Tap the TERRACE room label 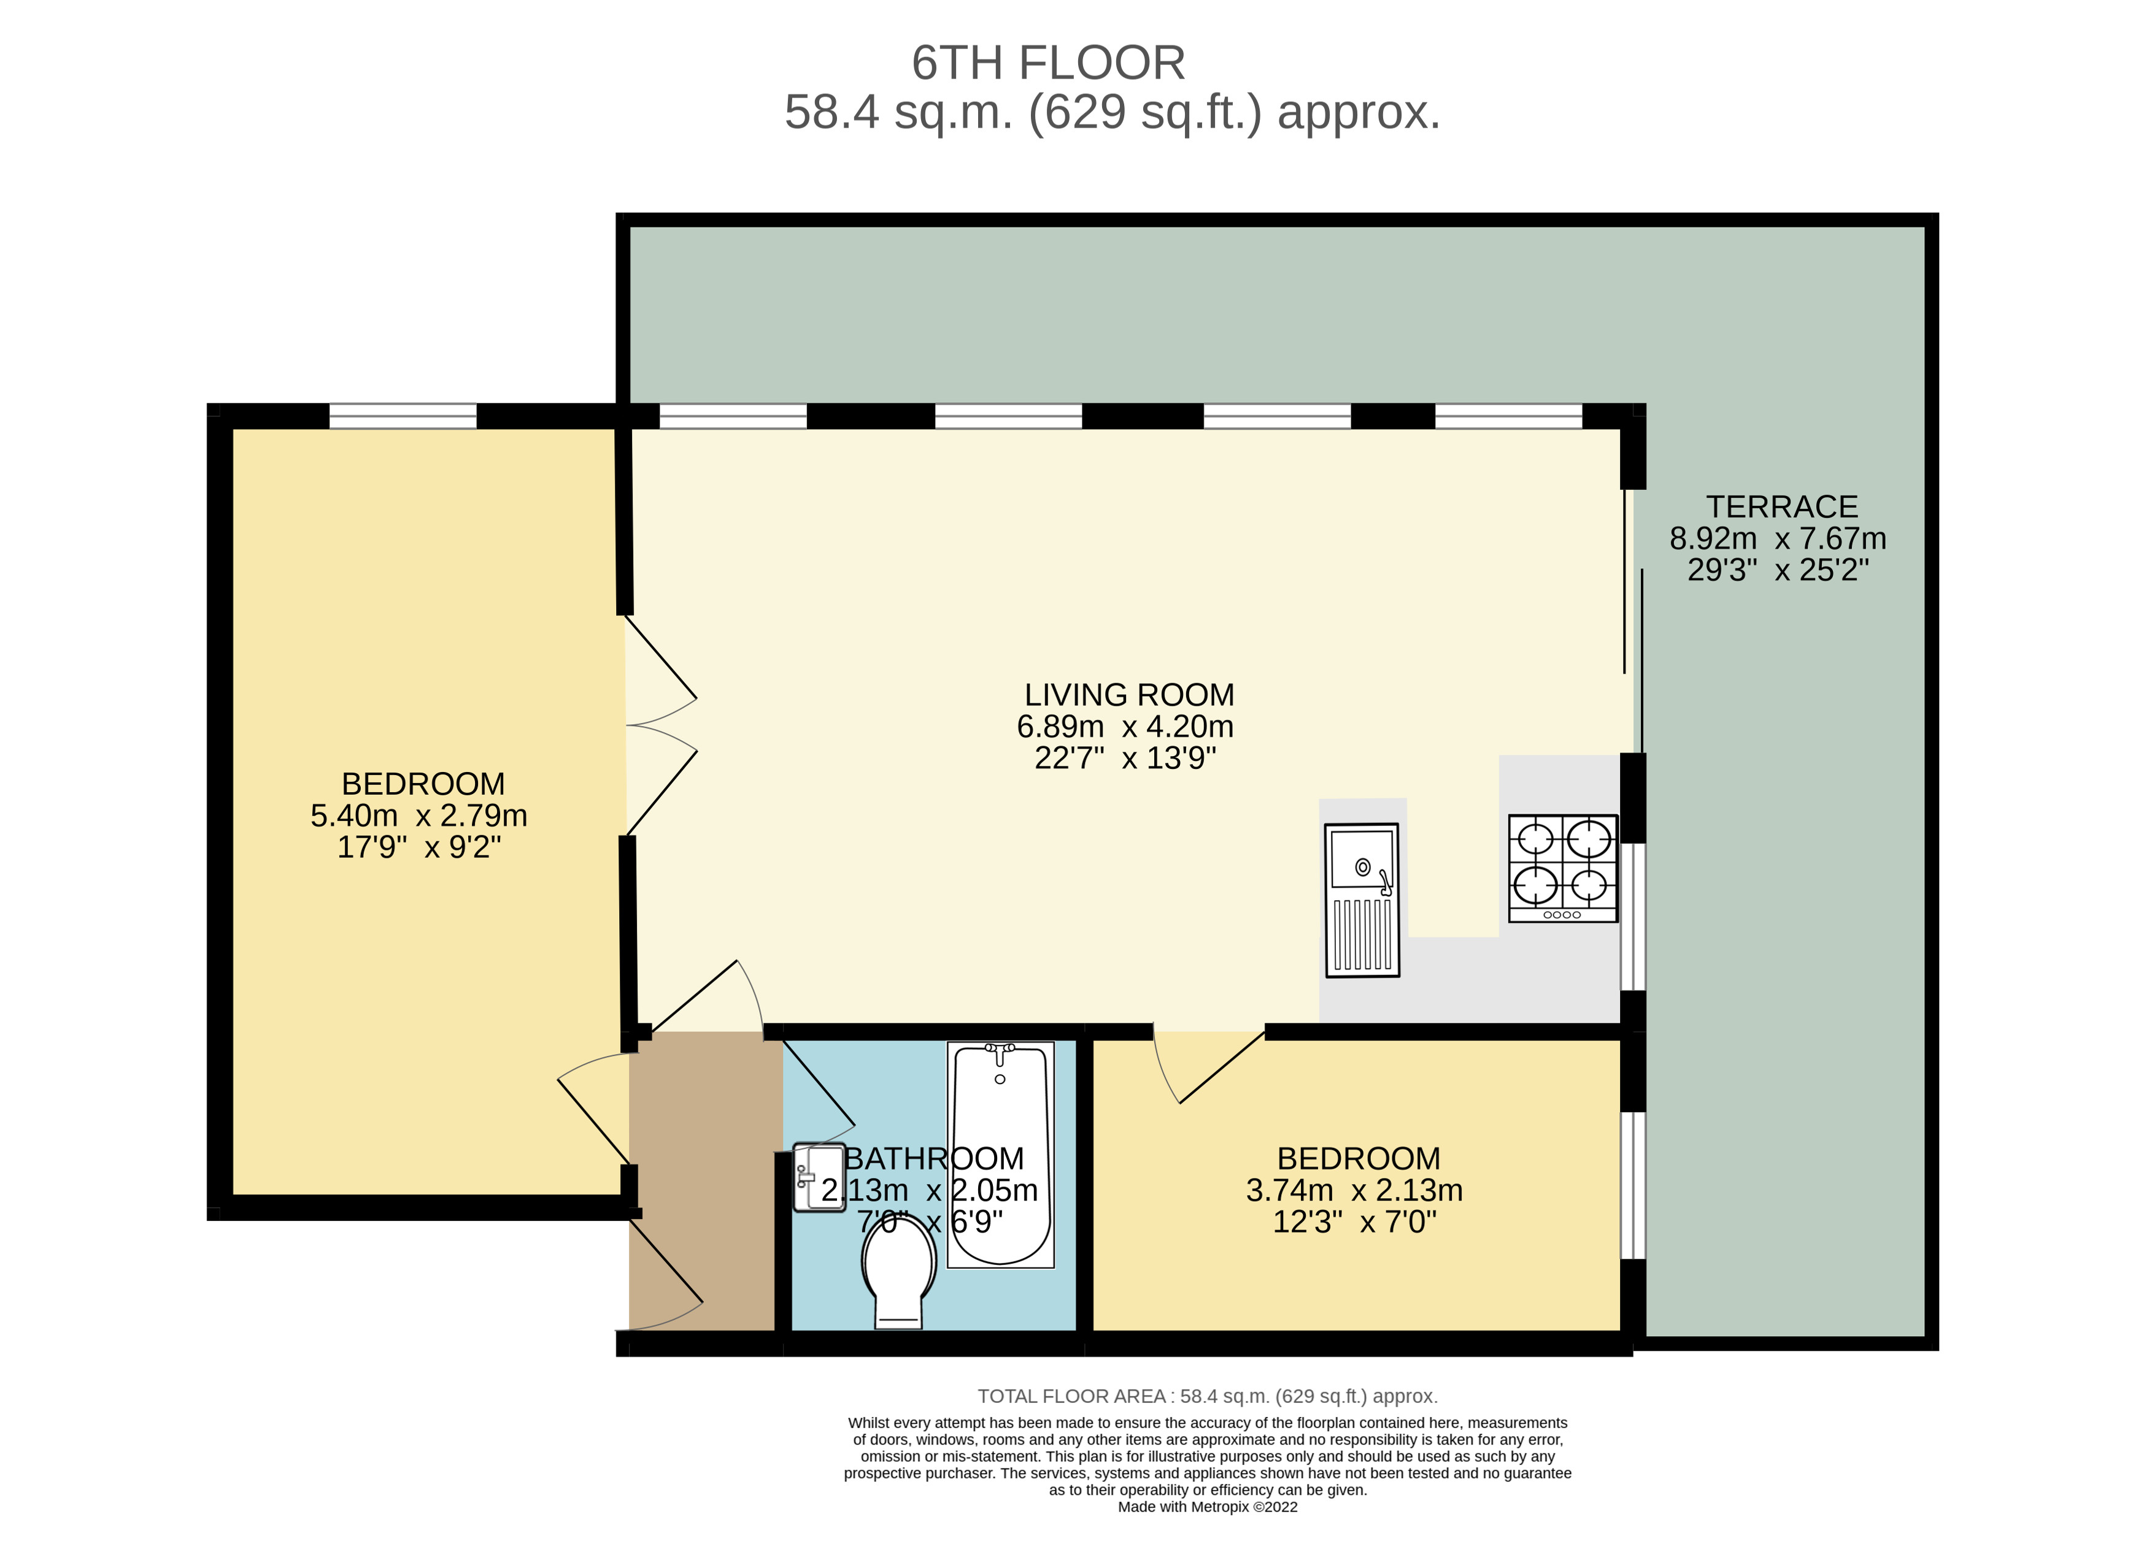(1782, 506)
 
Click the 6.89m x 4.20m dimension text (1125, 727)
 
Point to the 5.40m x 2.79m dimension (418, 816)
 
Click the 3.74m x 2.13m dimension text (1354, 1190)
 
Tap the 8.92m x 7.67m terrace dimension (1777, 539)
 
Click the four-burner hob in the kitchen (1563, 868)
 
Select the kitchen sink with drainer (1362, 899)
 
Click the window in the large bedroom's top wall (403, 416)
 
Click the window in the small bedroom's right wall (1632, 1185)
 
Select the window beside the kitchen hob (1632, 917)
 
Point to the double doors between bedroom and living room (661, 725)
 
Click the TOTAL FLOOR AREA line (1208, 1396)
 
